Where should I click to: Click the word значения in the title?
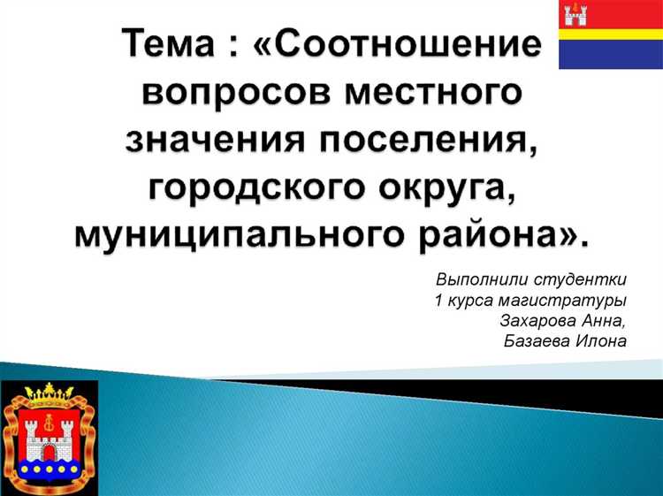[x=221, y=141]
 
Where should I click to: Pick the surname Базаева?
[x=538, y=342]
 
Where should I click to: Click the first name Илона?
[x=604, y=342]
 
